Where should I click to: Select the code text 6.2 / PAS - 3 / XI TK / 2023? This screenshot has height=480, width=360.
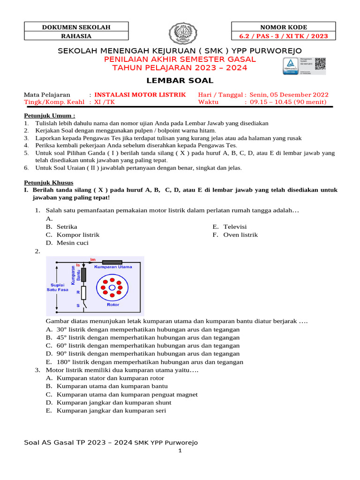pyautogui.click(x=284, y=36)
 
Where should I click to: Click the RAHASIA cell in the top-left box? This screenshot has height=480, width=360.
pyautogui.click(x=76, y=36)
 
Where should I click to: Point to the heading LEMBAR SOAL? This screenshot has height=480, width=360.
pyautogui.click(x=180, y=81)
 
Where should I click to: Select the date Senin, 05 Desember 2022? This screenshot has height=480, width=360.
pyautogui.click(x=289, y=94)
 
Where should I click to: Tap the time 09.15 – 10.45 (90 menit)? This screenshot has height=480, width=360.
pyautogui.click(x=288, y=102)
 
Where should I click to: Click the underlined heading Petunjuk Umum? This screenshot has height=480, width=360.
pyautogui.click(x=49, y=115)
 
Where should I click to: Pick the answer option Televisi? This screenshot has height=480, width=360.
pyautogui.click(x=235, y=227)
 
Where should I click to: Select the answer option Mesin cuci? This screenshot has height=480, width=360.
pyautogui.click(x=72, y=243)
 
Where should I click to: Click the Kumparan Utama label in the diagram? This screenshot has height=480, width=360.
pyautogui.click(x=113, y=267)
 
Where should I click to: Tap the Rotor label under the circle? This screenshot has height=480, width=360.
pyautogui.click(x=113, y=305)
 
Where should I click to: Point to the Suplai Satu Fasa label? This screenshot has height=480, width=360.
pyautogui.click(x=57, y=287)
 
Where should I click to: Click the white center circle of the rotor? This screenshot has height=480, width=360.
pyautogui.click(x=112, y=287)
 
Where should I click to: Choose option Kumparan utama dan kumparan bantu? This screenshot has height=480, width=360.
pyautogui.click(x=112, y=386)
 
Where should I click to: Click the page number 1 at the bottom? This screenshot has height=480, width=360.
pyautogui.click(x=180, y=451)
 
